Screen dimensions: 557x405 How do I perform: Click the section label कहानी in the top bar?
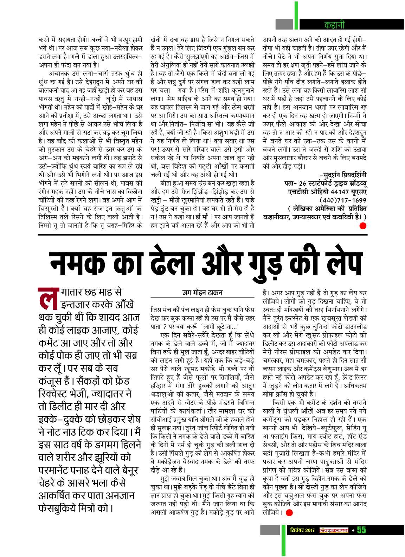[x=334, y=25]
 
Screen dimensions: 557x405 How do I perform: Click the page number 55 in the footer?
[x=362, y=530]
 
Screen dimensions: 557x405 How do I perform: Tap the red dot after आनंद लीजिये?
[x=289, y=512]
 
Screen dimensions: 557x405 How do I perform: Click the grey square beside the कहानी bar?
[x=284, y=24]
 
